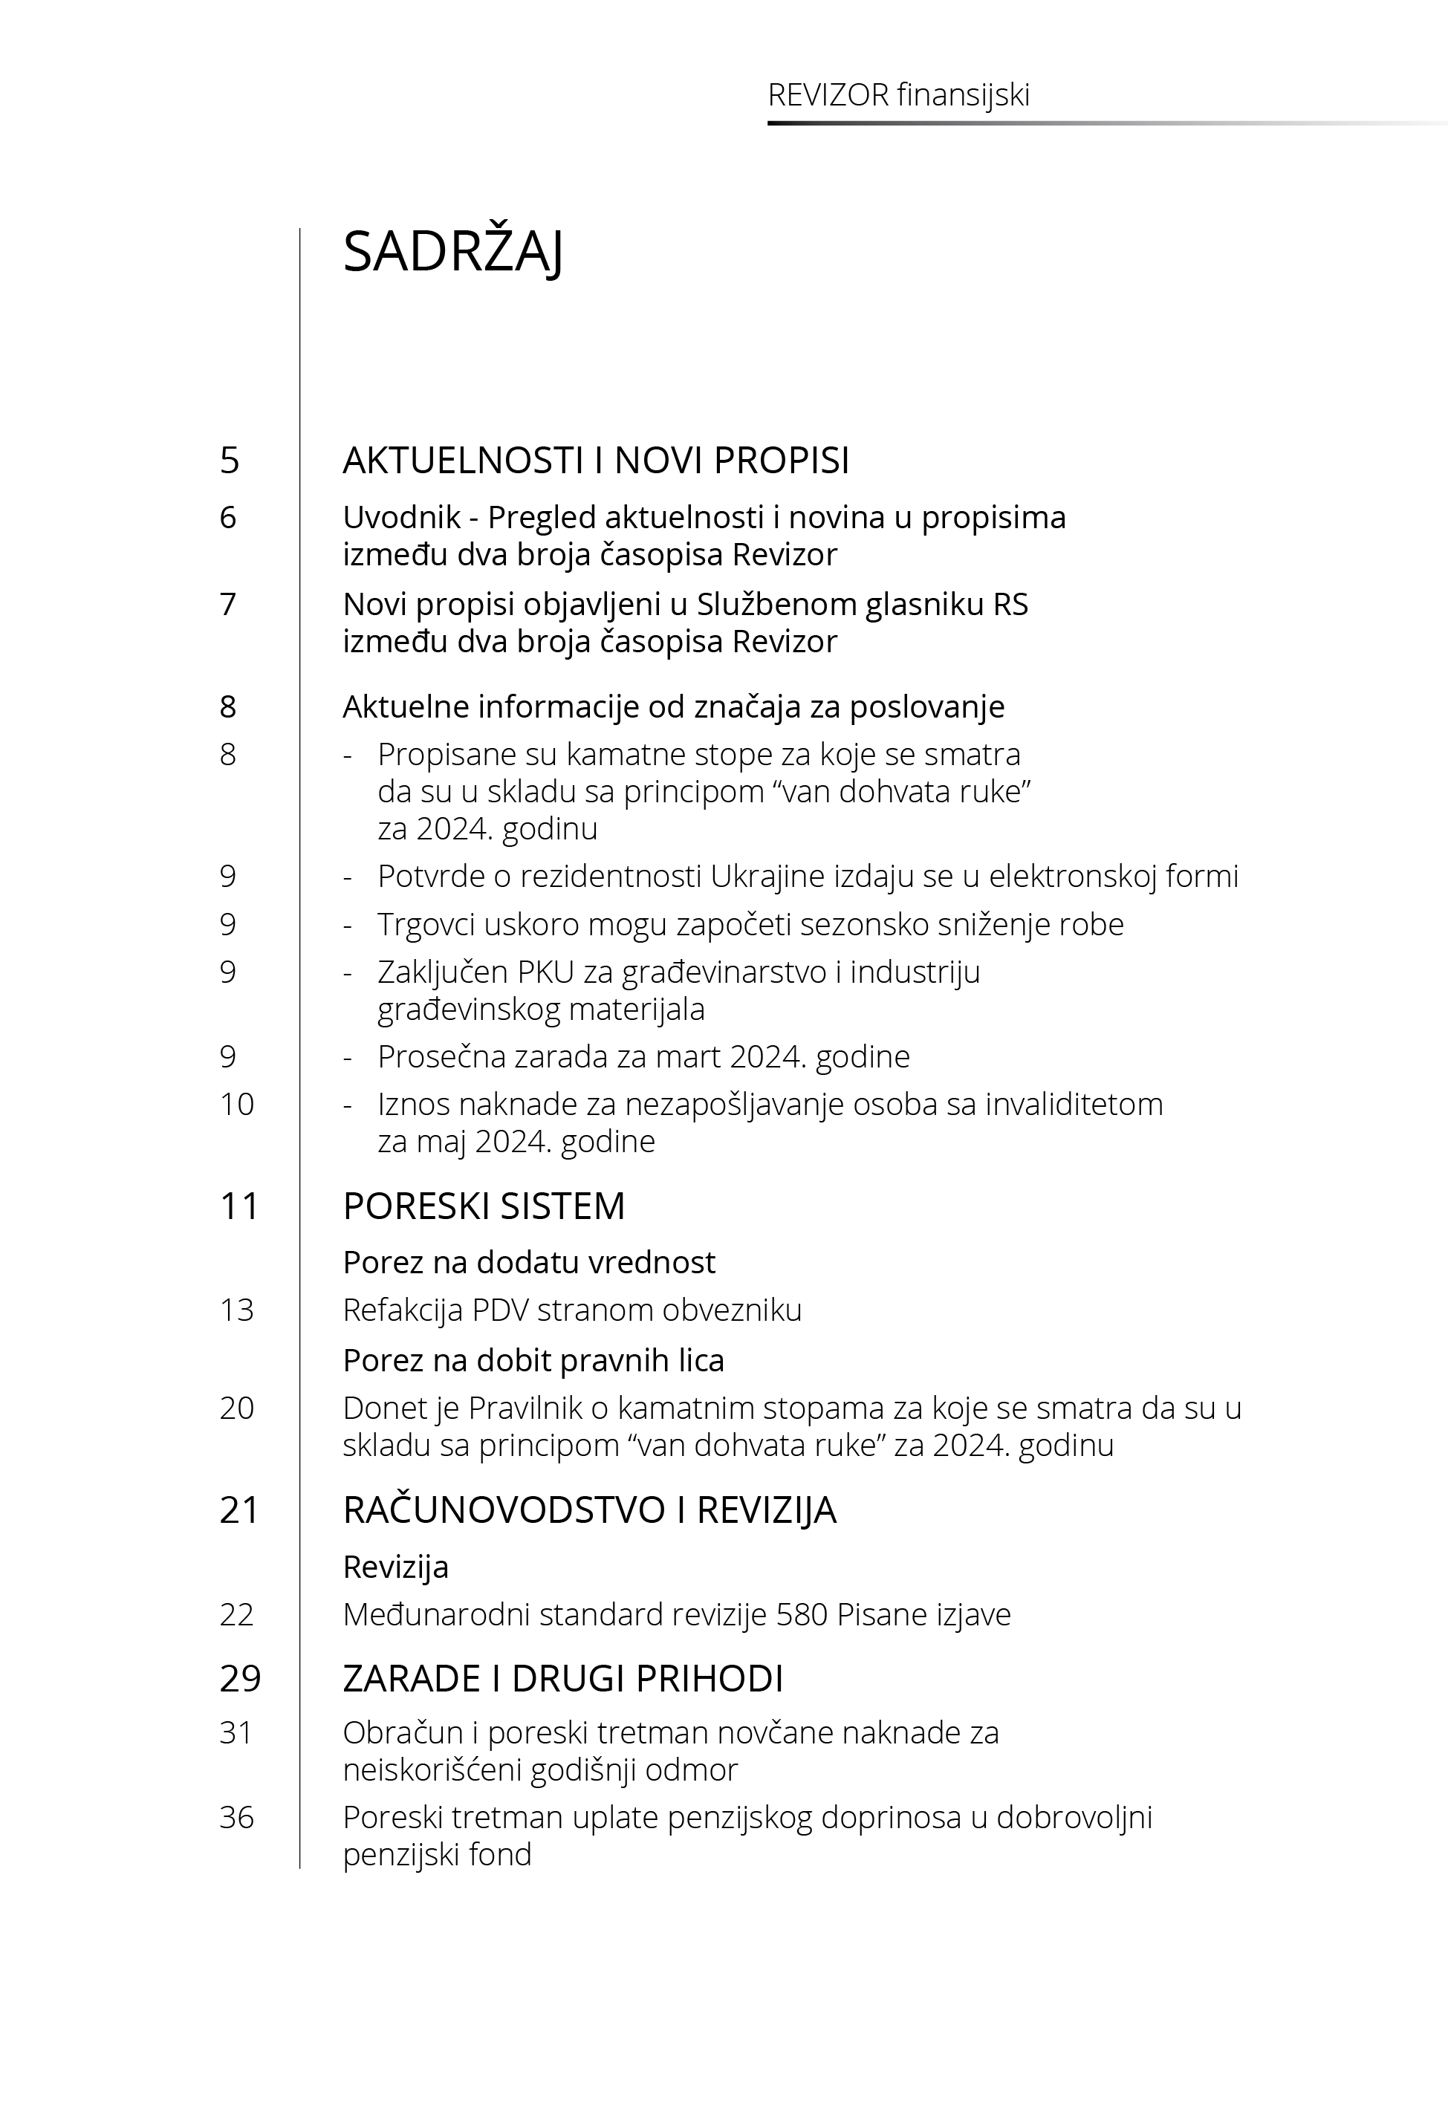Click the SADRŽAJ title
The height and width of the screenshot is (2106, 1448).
pos(452,252)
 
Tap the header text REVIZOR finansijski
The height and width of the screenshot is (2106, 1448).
pos(898,95)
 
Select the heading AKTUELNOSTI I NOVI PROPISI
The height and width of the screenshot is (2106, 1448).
pos(595,461)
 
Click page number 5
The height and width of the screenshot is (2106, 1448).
pos(230,461)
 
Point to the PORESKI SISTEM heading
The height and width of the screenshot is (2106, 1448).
pos(484,1206)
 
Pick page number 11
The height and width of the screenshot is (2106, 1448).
pos(239,1206)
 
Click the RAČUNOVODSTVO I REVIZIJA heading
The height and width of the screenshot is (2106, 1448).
pos(589,1510)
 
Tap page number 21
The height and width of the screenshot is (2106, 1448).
pos(239,1510)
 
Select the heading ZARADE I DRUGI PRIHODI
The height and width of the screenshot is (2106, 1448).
pos(562,1679)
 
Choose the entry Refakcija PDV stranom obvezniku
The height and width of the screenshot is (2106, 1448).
pos(571,1310)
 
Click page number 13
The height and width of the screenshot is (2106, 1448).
pos(237,1310)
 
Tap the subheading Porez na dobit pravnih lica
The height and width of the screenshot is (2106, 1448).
pos(533,1360)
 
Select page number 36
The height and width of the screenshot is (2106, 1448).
pos(237,1818)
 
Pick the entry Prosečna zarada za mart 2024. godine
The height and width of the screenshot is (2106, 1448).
pos(643,1056)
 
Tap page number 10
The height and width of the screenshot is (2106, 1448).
pos(237,1105)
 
